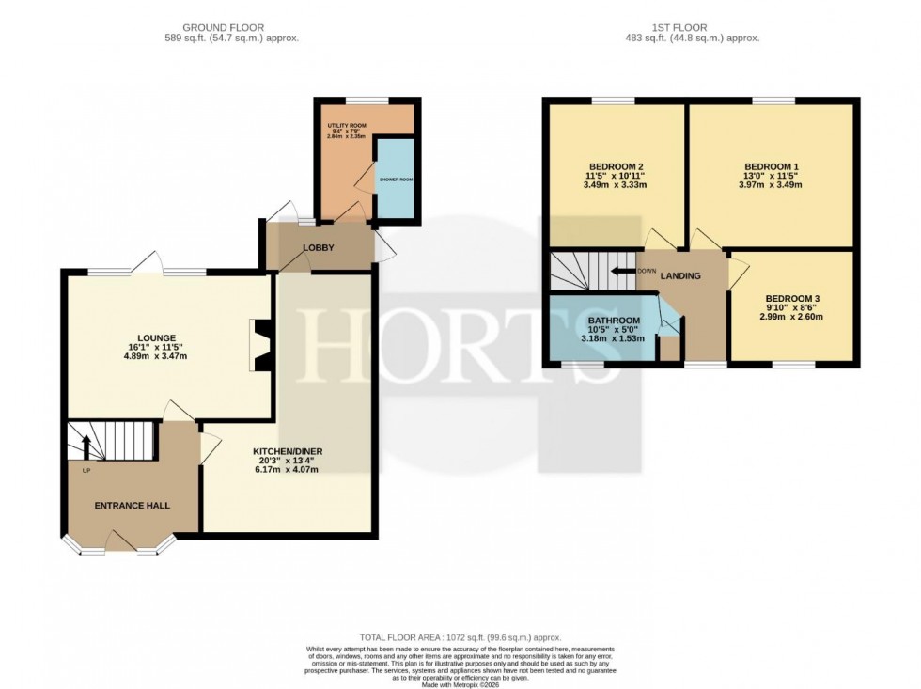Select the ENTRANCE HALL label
133,506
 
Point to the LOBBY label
318,247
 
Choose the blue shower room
396,179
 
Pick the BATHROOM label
614,320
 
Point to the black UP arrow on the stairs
86,445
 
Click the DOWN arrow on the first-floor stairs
621,271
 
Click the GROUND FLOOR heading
224,27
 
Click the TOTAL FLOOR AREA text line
460,638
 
